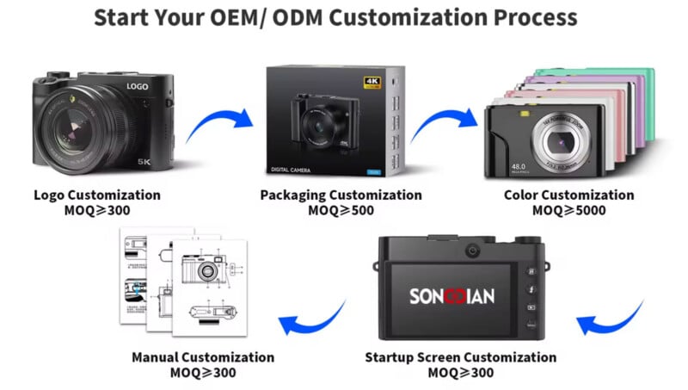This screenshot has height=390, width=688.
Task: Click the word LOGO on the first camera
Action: point(139,87)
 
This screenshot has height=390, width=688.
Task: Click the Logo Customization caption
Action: point(96,195)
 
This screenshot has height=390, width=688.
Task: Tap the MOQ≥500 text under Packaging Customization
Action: point(341,211)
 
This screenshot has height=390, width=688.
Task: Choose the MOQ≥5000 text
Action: point(568,211)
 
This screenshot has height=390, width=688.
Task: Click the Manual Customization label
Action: point(203,357)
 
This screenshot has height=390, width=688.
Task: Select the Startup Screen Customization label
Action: point(460,357)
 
